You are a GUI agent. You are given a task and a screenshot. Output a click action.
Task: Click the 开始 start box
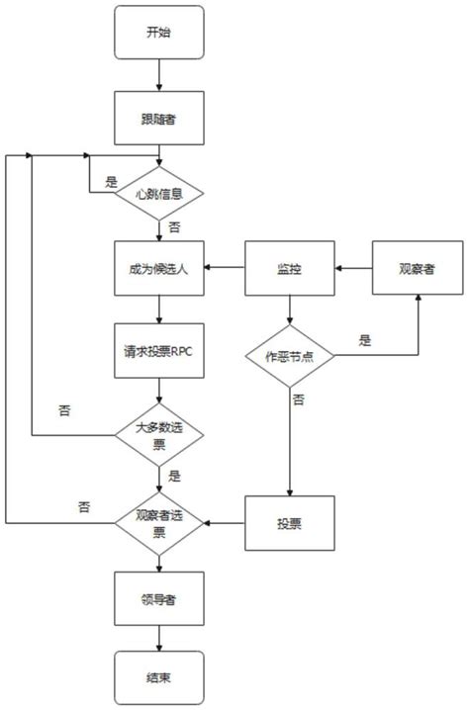click(158, 33)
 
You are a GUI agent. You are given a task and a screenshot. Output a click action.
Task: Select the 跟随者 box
click(158, 118)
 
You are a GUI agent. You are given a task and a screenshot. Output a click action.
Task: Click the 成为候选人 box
click(158, 268)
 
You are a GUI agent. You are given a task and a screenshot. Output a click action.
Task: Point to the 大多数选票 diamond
click(158, 435)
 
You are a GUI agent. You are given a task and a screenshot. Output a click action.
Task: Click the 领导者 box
click(158, 599)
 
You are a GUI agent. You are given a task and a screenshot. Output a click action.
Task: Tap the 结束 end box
click(158, 678)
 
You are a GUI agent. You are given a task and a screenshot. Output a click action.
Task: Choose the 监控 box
click(288, 268)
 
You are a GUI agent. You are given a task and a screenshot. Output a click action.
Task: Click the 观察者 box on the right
click(417, 268)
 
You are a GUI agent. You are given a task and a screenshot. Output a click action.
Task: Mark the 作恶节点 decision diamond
click(288, 356)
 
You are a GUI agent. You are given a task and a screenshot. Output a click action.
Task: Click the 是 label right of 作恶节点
click(364, 341)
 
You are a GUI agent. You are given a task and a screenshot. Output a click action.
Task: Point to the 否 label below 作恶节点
click(298, 399)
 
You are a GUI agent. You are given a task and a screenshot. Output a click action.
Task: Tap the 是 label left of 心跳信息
click(111, 182)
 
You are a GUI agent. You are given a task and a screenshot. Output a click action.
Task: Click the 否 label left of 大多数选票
click(65, 408)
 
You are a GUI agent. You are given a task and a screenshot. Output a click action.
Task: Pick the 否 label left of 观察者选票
click(85, 506)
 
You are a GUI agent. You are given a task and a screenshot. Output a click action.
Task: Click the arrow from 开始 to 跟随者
click(158, 75)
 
